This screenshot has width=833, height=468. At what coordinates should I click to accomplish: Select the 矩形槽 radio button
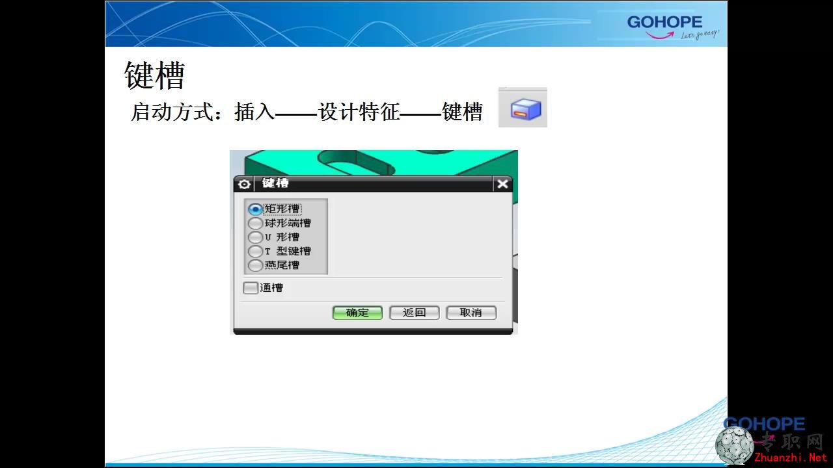[x=255, y=209]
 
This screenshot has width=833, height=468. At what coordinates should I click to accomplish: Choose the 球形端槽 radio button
[x=255, y=223]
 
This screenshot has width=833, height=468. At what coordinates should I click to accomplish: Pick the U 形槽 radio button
[x=255, y=237]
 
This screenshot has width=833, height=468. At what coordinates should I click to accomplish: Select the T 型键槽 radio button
[x=255, y=251]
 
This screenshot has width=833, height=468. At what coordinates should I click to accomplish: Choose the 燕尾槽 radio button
[x=255, y=265]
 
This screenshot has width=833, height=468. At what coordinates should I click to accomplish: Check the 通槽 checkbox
[x=251, y=288]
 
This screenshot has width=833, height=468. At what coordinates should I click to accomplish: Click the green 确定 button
[x=357, y=313]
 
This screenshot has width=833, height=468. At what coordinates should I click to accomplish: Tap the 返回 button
[x=415, y=313]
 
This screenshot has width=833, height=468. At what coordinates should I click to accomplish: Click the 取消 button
[x=471, y=313]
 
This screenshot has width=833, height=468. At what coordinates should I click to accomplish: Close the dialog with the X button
[x=502, y=184]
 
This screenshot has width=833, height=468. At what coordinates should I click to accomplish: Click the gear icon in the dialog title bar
[x=244, y=184]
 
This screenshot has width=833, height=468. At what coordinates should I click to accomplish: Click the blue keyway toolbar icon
[x=523, y=108]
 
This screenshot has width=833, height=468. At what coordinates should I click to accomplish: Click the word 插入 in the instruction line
[x=254, y=111]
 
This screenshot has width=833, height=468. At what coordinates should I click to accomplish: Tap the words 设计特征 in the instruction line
[x=359, y=111]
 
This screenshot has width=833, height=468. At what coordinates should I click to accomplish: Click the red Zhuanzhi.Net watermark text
[x=790, y=458]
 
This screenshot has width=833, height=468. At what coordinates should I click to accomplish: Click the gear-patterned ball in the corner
[x=734, y=445]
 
